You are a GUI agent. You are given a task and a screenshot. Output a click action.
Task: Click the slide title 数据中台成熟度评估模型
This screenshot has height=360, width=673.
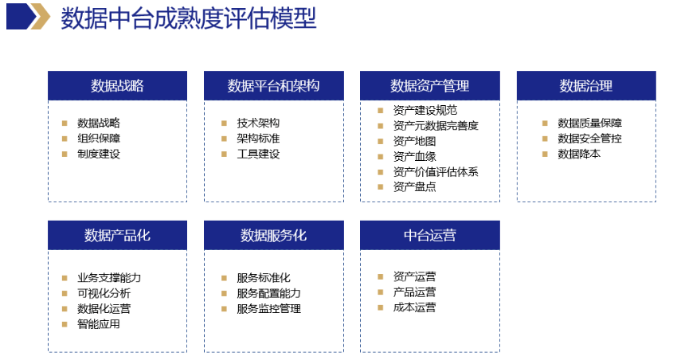tap(189, 18)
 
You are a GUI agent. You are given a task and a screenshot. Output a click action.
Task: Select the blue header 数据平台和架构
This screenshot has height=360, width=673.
tap(274, 86)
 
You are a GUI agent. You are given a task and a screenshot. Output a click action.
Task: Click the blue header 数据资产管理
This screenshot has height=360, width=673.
tap(429, 86)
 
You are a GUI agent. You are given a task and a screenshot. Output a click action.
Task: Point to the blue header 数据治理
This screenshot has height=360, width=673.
tap(586, 86)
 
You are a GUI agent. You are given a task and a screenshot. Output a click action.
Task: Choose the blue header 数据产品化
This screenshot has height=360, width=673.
tap(118, 235)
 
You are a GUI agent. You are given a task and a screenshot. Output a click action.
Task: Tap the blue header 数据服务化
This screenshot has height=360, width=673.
tap(274, 235)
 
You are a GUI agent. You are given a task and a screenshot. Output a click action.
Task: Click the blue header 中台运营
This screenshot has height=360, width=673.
tap(429, 235)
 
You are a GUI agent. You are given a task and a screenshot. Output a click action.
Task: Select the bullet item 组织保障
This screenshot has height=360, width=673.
tap(99, 138)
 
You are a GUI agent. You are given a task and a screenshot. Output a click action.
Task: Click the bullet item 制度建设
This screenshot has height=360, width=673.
tap(99, 154)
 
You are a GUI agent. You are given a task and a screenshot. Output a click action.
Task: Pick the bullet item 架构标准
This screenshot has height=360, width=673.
tap(258, 138)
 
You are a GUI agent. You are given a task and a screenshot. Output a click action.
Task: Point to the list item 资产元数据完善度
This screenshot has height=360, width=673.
tap(436, 126)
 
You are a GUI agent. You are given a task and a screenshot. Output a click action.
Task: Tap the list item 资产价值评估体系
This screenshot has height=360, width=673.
tap(436, 171)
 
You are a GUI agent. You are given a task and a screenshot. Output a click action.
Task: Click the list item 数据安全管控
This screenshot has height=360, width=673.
tap(589, 138)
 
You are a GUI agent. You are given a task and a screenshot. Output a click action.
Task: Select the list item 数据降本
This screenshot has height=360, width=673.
tap(579, 154)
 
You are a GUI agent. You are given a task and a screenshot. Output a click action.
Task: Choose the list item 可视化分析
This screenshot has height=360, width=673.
tap(104, 293)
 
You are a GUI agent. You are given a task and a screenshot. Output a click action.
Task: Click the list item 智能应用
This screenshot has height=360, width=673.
tap(99, 324)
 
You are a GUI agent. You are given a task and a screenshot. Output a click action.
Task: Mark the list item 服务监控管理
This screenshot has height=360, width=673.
tap(268, 308)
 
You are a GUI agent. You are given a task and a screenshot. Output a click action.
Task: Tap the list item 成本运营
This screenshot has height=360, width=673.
tap(415, 307)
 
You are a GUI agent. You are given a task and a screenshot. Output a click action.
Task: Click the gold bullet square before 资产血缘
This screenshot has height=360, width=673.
tap(380, 157)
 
